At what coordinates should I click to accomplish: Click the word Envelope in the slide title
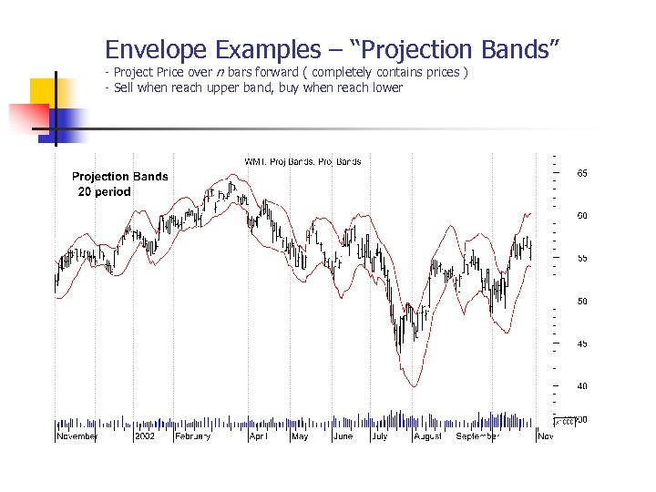[155, 49]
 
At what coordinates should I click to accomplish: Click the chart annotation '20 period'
[102, 191]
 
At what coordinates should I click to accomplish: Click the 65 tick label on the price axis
[581, 172]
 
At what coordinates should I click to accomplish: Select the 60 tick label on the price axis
[581, 215]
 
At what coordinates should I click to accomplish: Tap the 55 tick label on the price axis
[581, 258]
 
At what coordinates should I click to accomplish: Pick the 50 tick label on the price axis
[581, 301]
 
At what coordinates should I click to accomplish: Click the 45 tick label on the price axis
[581, 343]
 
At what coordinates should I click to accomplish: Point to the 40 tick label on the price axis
[581, 386]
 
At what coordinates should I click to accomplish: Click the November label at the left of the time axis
[77, 436]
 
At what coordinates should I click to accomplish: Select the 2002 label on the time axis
[144, 436]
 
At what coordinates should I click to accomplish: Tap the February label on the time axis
[192, 436]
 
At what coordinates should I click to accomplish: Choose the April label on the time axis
[259, 436]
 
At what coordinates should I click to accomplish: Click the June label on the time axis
[343, 436]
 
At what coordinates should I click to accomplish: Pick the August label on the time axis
[427, 436]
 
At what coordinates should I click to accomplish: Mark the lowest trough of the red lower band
[413, 386]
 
